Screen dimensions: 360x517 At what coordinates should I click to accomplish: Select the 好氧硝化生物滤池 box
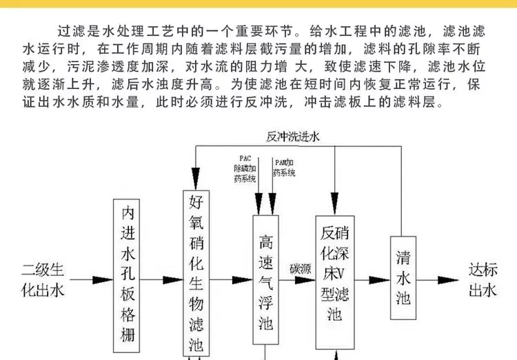click(x=197, y=273)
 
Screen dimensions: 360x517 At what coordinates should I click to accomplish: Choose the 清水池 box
click(x=404, y=277)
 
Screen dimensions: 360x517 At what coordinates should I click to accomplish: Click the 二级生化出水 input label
click(x=44, y=279)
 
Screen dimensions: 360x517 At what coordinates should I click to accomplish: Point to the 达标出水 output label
click(x=483, y=279)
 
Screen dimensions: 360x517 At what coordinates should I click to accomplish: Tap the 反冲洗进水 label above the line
click(x=293, y=137)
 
